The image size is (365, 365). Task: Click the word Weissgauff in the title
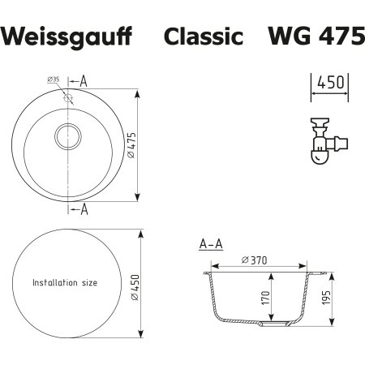coord(71,37)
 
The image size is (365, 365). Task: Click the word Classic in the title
coord(204,37)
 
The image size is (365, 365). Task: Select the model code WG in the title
coord(287,37)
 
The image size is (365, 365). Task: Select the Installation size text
coord(64,283)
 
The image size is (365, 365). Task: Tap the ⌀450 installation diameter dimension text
coord(134,283)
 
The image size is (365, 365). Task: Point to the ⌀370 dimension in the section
coord(255,260)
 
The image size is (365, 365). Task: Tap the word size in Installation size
coord(88,283)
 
